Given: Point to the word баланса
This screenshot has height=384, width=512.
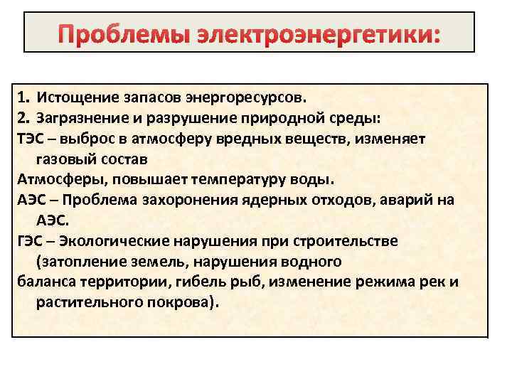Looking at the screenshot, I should pos(43,282).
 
